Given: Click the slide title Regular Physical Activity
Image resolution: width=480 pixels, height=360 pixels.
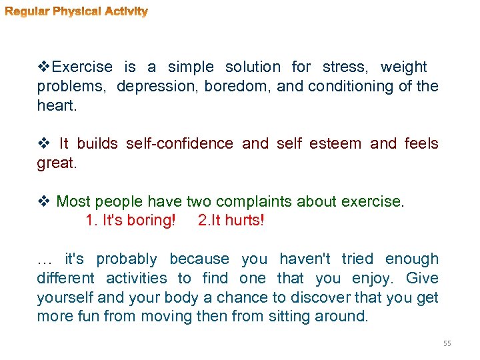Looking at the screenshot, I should (77, 11).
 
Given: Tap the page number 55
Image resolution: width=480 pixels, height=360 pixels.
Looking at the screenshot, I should (447, 343).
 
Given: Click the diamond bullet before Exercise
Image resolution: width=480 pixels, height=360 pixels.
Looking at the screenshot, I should (44, 67).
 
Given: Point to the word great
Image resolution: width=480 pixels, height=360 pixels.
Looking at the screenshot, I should (56, 163).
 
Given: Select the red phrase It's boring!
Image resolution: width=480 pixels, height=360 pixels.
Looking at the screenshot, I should (131, 220).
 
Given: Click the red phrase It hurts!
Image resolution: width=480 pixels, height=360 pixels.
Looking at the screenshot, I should (231, 220).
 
